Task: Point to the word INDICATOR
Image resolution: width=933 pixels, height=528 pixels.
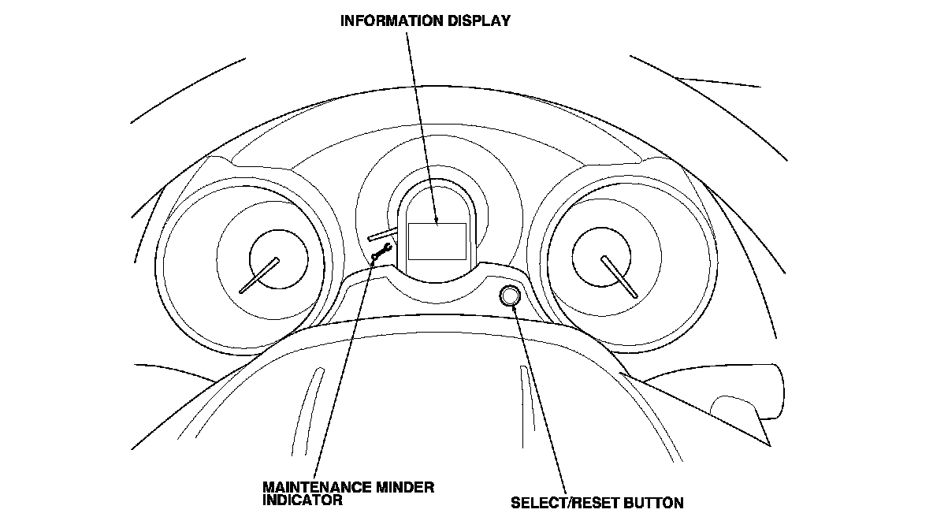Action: (303, 500)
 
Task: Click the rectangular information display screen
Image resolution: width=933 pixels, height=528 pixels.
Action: (437, 241)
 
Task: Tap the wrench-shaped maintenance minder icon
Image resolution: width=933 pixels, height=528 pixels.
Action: (381, 252)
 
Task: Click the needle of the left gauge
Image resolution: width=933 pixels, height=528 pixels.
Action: (260, 276)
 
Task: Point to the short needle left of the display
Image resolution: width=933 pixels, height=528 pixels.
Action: (381, 232)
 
